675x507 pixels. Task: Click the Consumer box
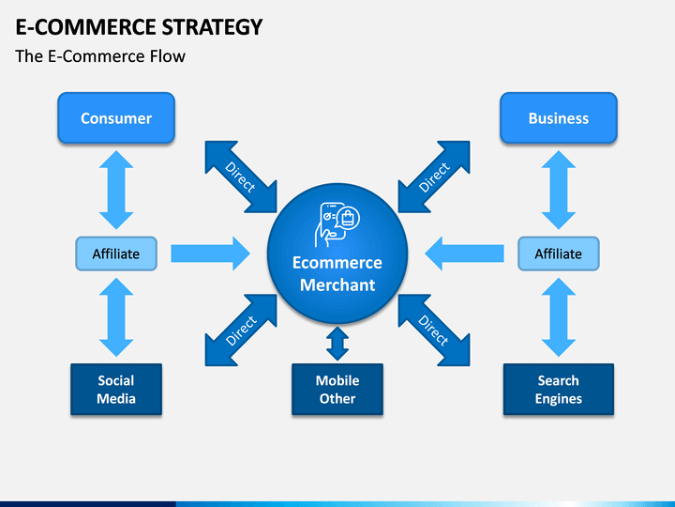click(x=116, y=117)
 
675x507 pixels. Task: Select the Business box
click(x=559, y=117)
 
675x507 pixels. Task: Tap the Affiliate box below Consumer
click(x=116, y=253)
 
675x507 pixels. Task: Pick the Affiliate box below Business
click(x=559, y=253)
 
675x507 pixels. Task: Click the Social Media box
click(x=116, y=390)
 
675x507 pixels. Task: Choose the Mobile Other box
click(x=337, y=390)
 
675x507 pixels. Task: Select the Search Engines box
click(x=559, y=390)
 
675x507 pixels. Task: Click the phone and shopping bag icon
click(x=337, y=224)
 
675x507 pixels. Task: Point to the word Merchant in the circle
click(x=337, y=285)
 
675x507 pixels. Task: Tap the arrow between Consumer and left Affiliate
click(x=116, y=190)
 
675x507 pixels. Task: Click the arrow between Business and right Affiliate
click(x=559, y=190)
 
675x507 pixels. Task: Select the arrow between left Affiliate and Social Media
click(x=116, y=317)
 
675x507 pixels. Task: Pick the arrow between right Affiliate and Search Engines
click(x=559, y=317)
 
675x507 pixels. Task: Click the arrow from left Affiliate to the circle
click(x=210, y=253)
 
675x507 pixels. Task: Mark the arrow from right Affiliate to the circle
click(x=464, y=253)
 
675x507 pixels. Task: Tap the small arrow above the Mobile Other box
click(x=337, y=344)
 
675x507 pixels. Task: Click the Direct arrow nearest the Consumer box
click(x=241, y=177)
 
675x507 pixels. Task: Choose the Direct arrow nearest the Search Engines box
click(x=434, y=330)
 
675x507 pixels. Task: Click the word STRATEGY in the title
click(x=212, y=26)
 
